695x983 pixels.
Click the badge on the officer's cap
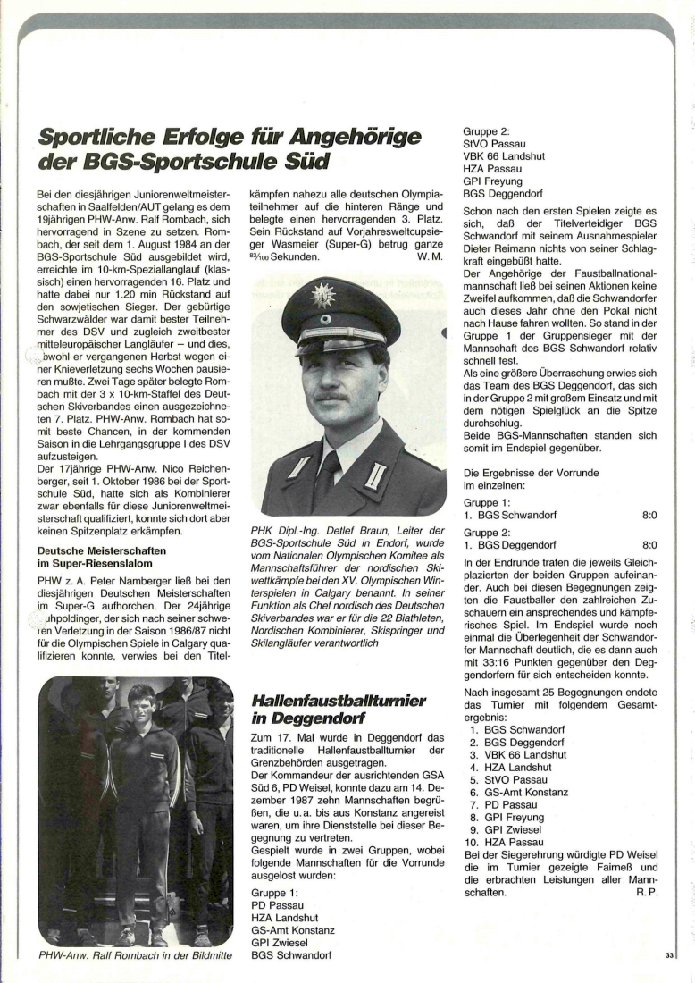click(322, 296)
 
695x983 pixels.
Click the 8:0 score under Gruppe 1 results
click(649, 516)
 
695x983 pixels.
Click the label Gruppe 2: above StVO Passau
click(486, 130)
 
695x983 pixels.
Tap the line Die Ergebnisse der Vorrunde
click(531, 472)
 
